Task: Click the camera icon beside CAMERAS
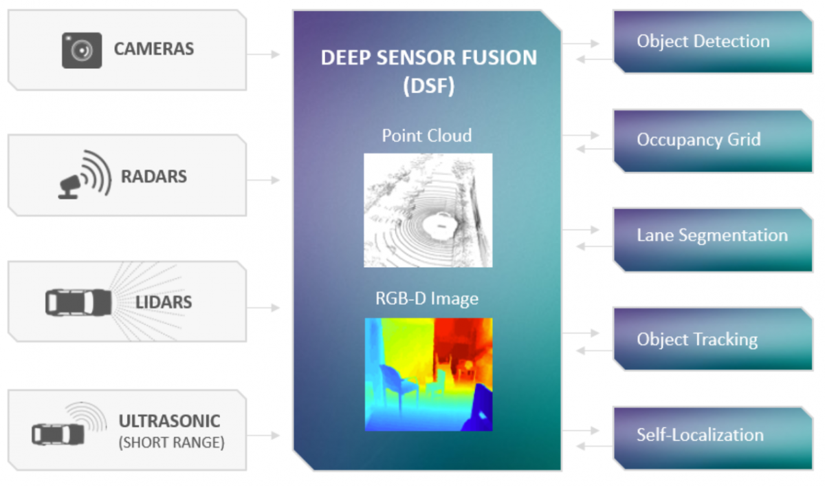pos(82,50)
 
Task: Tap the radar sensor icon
pos(85,175)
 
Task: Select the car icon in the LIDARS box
pos(78,302)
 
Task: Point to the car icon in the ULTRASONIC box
pos(58,434)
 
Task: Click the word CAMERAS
pos(154,49)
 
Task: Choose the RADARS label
pos(154,176)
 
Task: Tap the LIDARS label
pos(164,302)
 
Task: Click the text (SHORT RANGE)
pos(172,443)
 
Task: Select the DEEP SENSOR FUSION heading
pos(429,58)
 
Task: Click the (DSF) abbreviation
pos(429,86)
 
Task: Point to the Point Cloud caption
pos(427,136)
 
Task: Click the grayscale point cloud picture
pos(428,210)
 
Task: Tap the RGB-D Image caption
pos(427,298)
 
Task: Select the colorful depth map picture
pos(429,374)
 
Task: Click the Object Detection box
pos(713,41)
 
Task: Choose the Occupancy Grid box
pos(713,141)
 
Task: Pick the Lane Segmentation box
pos(713,240)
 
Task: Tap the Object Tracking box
pos(713,339)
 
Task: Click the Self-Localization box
pos(713,438)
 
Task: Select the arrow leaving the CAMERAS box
pos(263,54)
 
